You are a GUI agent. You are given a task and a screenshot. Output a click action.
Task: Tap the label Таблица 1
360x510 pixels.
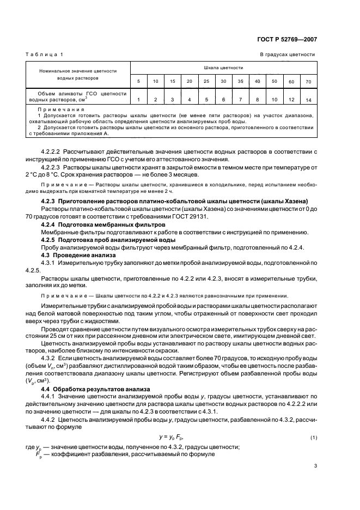pos(44,54)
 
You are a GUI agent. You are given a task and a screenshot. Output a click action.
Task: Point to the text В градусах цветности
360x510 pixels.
pos(287,54)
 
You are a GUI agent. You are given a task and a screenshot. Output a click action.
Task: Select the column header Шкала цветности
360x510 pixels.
pos(223,68)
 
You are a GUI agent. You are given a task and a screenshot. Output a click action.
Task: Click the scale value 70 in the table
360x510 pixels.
pos(308,82)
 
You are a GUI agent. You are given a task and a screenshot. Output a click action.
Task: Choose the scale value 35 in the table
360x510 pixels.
pos(240,81)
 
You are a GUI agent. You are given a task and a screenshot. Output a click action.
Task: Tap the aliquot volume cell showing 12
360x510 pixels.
pos(291,100)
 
